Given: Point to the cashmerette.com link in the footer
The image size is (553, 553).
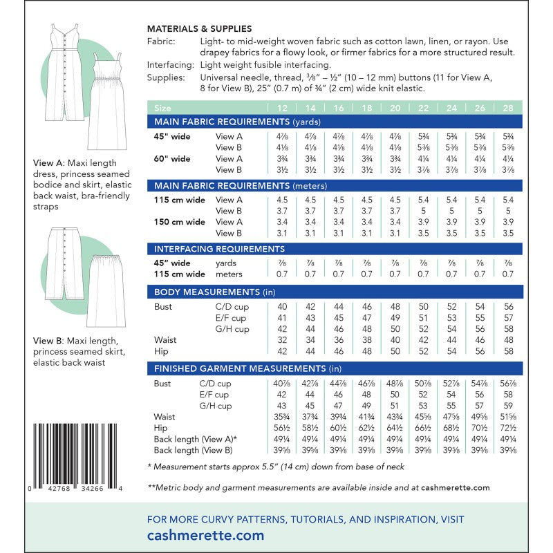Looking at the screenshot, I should tap(206, 535).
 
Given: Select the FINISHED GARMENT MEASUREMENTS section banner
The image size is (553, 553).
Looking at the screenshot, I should tap(248, 369).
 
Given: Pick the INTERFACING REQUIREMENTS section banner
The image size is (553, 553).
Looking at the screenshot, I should tap(219, 249).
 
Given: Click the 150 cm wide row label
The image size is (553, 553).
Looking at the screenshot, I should tap(179, 222).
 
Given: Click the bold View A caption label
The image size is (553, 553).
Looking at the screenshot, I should tap(48, 164).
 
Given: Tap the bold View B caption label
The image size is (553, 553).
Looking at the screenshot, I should tap(48, 341).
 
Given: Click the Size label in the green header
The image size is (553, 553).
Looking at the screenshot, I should tap(162, 109).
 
